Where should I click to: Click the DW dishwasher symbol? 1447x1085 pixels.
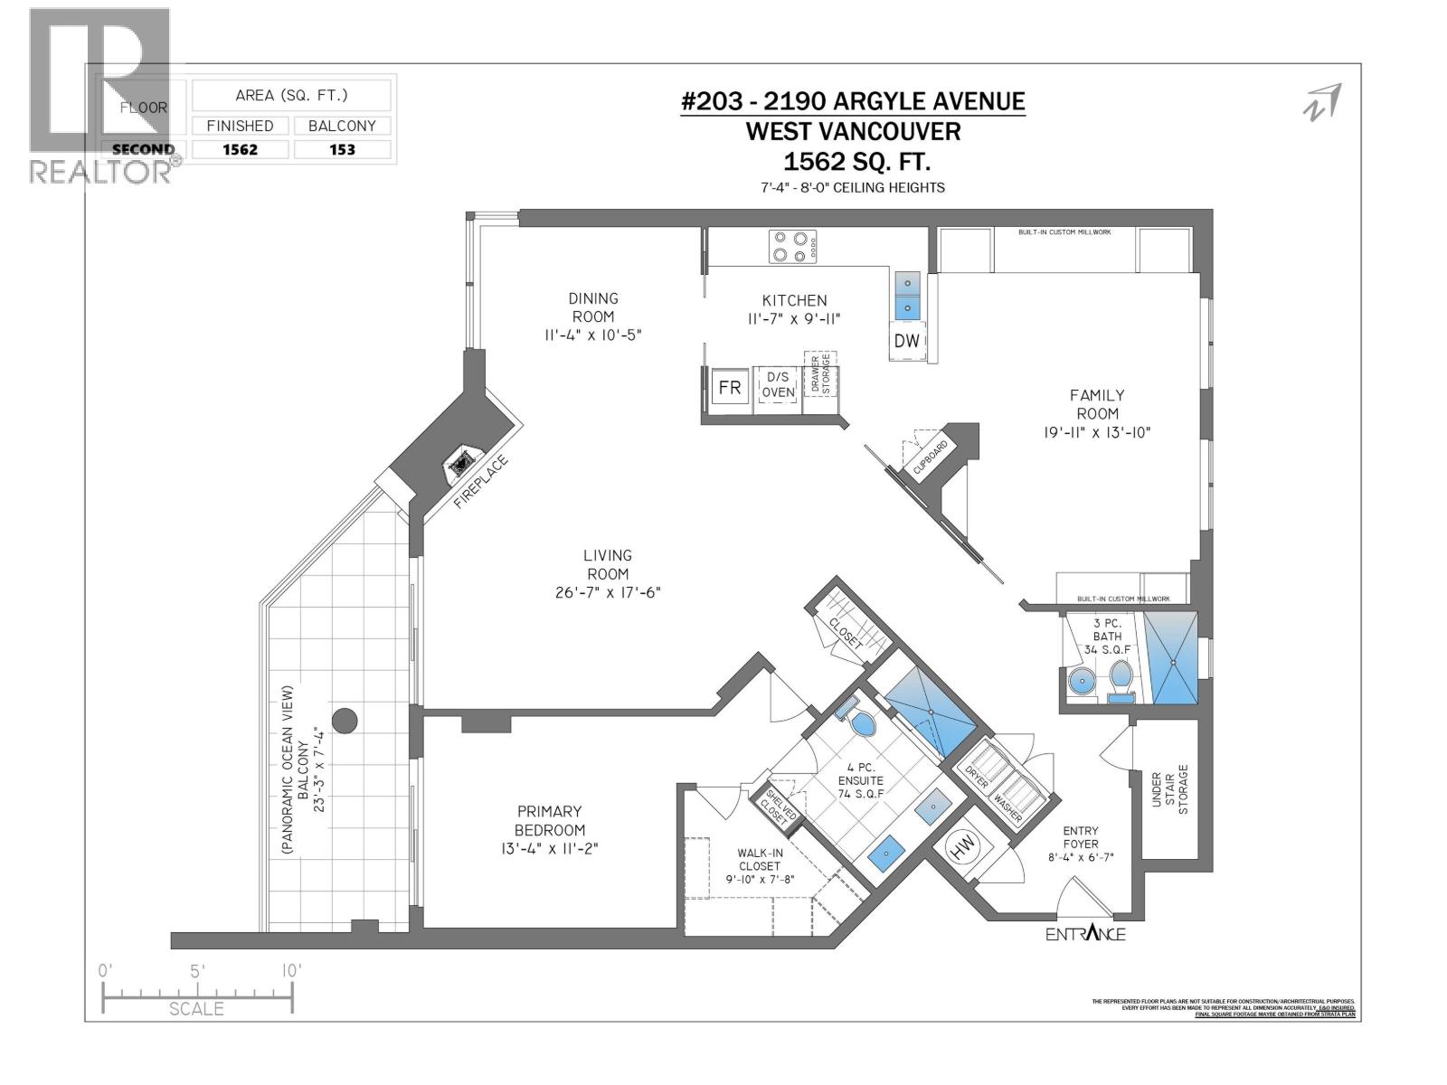pyautogui.click(x=907, y=340)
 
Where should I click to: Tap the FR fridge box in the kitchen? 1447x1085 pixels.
pyautogui.click(x=729, y=388)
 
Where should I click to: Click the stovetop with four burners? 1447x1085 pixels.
pyautogui.click(x=792, y=246)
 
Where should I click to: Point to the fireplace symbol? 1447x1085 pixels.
pyautogui.click(x=460, y=463)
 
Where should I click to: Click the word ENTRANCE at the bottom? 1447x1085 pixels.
pyautogui.click(x=1085, y=934)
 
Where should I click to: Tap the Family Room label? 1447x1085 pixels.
pyautogui.click(x=1096, y=404)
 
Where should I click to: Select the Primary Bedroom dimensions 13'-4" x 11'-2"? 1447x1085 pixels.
pyautogui.click(x=549, y=849)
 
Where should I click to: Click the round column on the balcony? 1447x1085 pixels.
pyautogui.click(x=345, y=721)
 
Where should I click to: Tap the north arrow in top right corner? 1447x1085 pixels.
pyautogui.click(x=1322, y=101)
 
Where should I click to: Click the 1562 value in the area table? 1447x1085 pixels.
pyautogui.click(x=240, y=150)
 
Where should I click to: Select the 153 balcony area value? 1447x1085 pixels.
pyautogui.click(x=342, y=150)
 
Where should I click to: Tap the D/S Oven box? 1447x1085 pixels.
pyautogui.click(x=778, y=384)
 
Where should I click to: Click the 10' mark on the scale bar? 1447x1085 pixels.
pyautogui.click(x=290, y=970)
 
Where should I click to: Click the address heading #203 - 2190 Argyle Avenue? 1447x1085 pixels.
pyautogui.click(x=853, y=101)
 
